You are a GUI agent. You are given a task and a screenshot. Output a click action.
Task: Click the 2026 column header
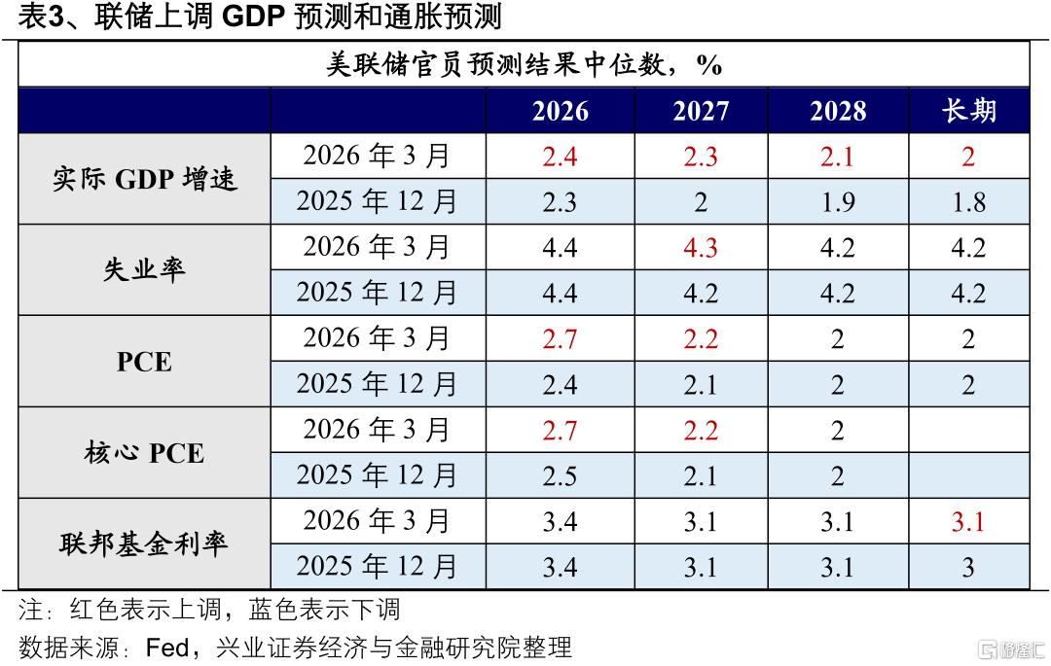(x=561, y=111)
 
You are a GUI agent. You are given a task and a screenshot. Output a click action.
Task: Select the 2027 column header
(x=701, y=111)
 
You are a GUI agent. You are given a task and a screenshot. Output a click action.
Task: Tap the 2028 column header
(x=838, y=111)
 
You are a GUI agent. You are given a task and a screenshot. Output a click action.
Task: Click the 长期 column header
(x=968, y=111)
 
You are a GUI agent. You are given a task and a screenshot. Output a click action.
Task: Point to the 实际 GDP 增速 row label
(x=145, y=180)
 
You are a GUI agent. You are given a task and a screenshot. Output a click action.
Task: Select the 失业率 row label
(x=144, y=269)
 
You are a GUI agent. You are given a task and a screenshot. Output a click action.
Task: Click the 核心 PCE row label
(x=144, y=452)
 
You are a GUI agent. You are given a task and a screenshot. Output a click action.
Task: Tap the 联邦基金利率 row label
(x=144, y=543)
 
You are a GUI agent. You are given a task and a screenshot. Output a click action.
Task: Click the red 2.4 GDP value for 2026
(x=560, y=157)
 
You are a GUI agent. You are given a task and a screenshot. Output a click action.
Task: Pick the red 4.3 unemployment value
(x=701, y=248)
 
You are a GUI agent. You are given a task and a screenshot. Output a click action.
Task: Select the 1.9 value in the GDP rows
(x=838, y=202)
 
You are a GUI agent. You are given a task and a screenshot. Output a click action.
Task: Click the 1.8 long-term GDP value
(x=968, y=202)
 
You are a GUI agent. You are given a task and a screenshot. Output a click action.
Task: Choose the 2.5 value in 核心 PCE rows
(x=560, y=475)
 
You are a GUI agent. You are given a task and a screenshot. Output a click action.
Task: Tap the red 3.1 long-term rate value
(x=968, y=521)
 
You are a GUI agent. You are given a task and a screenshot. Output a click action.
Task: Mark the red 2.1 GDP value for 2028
(x=837, y=157)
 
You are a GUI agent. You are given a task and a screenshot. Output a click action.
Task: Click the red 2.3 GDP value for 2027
(x=701, y=157)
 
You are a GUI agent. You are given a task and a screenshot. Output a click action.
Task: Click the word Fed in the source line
(x=167, y=648)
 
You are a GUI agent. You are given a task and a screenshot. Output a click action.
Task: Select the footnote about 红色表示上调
(x=209, y=610)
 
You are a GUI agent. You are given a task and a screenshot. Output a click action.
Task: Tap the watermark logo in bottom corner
(x=1012, y=649)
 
